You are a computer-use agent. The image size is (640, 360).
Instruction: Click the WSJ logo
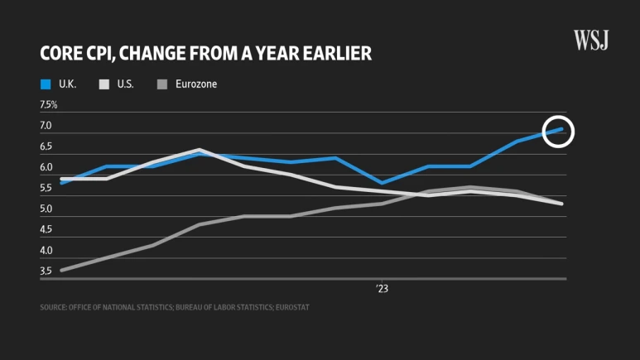[591, 40]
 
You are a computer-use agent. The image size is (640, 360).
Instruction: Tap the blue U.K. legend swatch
[46, 84]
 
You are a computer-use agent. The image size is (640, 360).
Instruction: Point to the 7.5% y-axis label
[49, 105]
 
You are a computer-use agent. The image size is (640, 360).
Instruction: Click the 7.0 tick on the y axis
[46, 126]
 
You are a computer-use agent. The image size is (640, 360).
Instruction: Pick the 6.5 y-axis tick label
[46, 146]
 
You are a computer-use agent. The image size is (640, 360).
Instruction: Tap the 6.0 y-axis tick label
[46, 168]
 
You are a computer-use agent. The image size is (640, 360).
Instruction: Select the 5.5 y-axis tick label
[46, 189]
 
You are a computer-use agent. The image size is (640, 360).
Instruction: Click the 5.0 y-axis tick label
[46, 209]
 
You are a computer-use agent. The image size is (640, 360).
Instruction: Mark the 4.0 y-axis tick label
[46, 251]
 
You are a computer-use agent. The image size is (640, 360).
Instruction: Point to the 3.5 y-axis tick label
[46, 271]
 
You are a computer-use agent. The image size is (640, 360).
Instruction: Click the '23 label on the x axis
[382, 289]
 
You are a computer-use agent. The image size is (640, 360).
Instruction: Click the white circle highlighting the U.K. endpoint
[559, 130]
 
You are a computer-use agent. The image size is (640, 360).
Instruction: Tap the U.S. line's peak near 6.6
[200, 150]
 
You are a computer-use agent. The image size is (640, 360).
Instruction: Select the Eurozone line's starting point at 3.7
[62, 270]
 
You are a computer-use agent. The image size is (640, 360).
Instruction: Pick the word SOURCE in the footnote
[53, 307]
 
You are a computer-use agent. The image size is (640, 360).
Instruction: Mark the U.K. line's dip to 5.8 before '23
[381, 183]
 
